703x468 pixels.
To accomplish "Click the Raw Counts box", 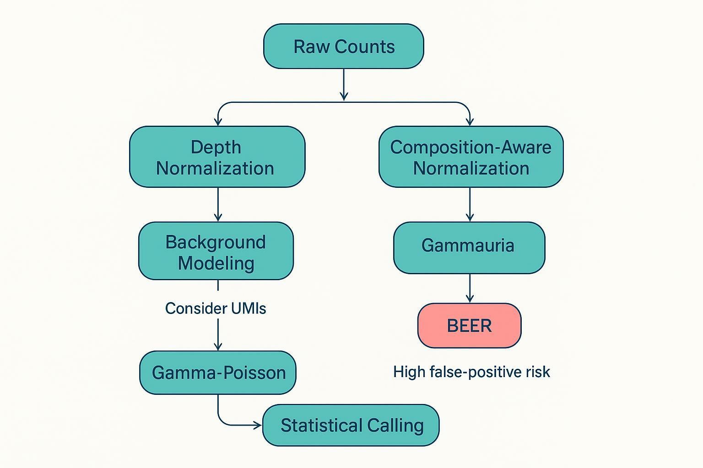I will [343, 47].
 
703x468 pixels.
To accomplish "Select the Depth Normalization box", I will [217, 157].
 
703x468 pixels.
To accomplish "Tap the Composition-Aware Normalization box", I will [470, 157].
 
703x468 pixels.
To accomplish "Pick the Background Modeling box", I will [216, 251].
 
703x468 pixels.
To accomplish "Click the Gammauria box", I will [469, 247].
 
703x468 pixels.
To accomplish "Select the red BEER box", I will [469, 325].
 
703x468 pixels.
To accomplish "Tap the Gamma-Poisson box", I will [218, 372].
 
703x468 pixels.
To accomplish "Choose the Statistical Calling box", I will [351, 425].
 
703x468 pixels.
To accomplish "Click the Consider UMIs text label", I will [215, 308].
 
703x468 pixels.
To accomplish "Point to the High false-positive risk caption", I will [471, 372].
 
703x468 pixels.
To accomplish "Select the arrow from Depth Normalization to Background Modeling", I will [218, 204].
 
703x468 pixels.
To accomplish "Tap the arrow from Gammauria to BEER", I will [470, 288].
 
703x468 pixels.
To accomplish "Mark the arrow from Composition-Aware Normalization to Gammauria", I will [470, 204].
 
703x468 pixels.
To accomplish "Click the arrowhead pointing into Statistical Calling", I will [258, 425].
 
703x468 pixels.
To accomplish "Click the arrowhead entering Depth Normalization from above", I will [218, 122].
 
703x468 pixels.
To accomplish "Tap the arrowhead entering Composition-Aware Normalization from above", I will [470, 122].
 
